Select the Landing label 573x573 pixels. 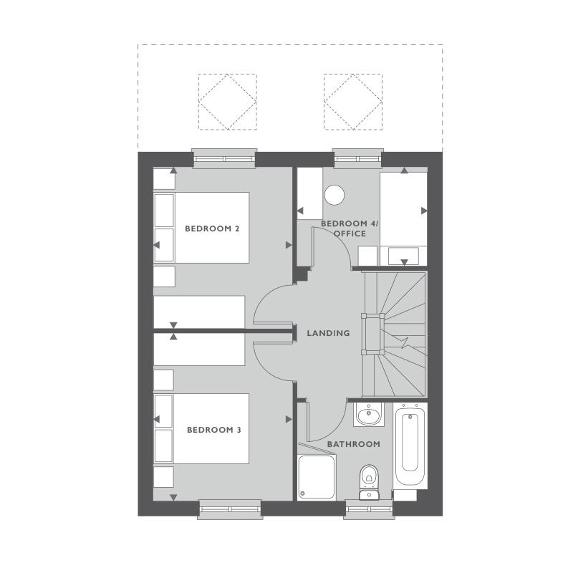pos(328,333)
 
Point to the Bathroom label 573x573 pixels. pos(353,444)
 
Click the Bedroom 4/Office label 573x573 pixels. pos(349,228)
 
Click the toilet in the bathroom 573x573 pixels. pos(369,476)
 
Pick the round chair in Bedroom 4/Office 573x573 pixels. pos(334,195)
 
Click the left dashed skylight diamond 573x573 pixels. pos(227,102)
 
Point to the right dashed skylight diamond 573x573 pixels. pos(352,102)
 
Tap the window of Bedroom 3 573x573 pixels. pos(230,509)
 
